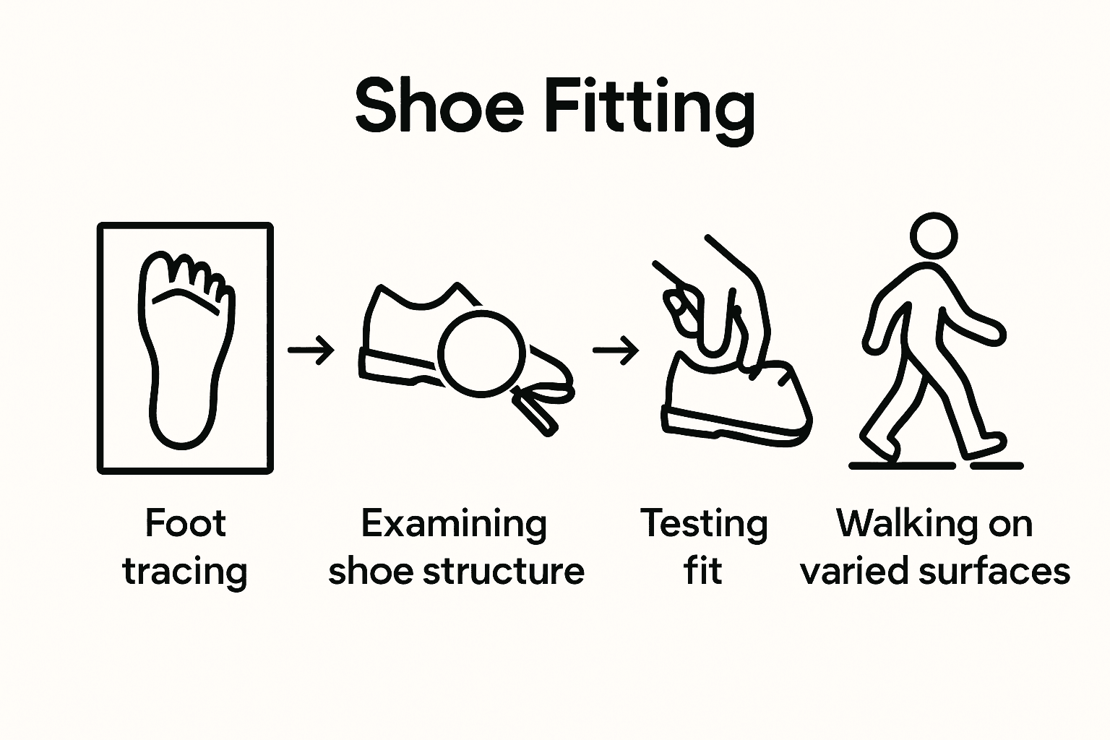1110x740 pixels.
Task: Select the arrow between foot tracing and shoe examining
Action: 311,350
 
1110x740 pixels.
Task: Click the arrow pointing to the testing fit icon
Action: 616,351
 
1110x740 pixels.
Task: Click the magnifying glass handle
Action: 537,412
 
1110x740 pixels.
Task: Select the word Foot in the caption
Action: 186,522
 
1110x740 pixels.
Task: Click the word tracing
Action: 186,572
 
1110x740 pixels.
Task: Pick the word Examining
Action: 454,524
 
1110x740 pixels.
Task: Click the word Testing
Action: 703,524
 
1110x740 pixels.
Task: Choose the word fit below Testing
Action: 702,571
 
